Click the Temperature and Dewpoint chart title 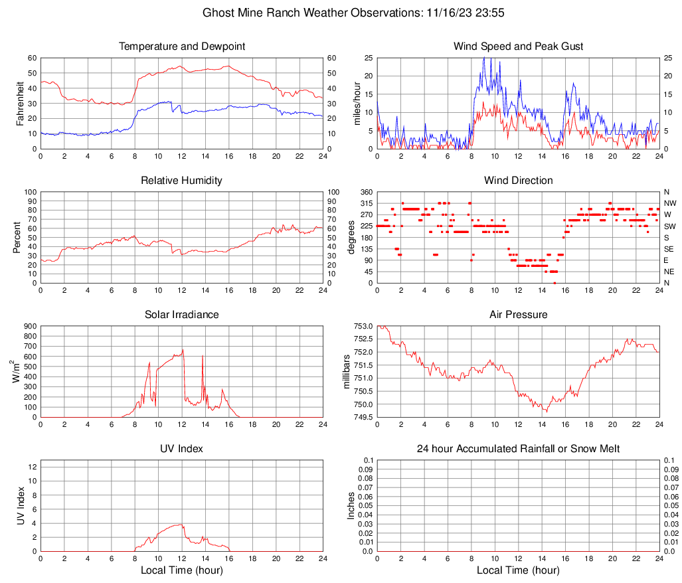coord(181,46)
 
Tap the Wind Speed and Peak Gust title coord(518,46)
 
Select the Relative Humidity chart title coord(181,181)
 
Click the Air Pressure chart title coord(518,315)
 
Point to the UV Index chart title coord(181,449)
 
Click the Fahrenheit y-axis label coord(19,103)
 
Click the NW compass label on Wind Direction coord(669,203)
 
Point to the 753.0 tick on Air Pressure coord(362,326)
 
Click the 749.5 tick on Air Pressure coord(362,418)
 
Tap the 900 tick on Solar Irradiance coord(30,326)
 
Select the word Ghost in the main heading coord(217,13)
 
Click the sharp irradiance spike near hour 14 coord(202,357)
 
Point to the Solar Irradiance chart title coord(181,315)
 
